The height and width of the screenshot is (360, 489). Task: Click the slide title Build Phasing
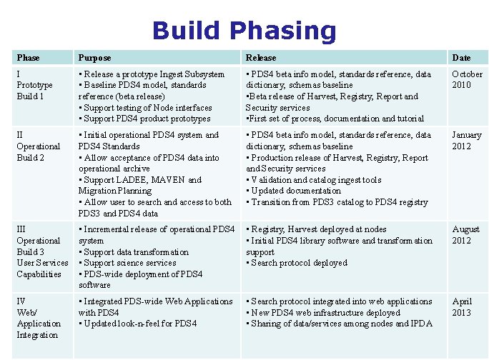[x=244, y=31]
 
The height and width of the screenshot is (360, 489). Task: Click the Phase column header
[x=28, y=57]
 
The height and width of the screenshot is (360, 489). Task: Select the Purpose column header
[x=94, y=57]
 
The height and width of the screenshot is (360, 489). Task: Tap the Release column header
[x=260, y=57]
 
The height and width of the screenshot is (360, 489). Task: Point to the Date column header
[x=461, y=57]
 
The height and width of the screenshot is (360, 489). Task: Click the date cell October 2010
[x=467, y=79]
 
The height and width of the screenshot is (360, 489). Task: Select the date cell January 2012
[x=466, y=140]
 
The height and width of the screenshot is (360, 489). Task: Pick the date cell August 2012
[x=465, y=234]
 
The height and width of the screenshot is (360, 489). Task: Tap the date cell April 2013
[x=462, y=306]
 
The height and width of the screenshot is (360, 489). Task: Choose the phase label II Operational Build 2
[x=38, y=146]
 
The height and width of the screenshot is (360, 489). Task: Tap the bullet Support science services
[x=129, y=263]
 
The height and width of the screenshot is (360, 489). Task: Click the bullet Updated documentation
[x=295, y=191]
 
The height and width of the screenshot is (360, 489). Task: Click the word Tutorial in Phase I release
[x=410, y=119]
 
